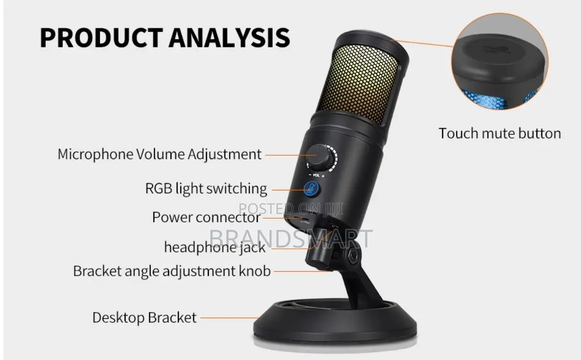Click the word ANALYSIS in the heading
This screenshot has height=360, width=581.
point(229,38)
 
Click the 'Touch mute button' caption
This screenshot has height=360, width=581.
point(500,133)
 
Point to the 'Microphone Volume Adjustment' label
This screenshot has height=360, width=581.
point(159,154)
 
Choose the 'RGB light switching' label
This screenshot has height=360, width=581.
point(206,188)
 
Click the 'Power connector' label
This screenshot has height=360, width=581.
point(206,217)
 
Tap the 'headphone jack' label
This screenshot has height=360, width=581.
point(214,247)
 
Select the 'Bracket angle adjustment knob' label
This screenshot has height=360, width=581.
point(171,271)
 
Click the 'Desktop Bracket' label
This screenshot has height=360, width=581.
point(144,317)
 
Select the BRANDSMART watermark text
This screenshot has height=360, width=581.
point(291,238)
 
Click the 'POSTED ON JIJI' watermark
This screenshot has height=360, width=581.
point(291,209)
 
